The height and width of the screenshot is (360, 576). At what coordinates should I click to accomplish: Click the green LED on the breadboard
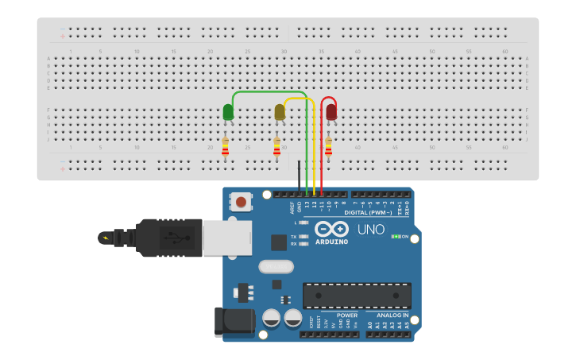[228, 112]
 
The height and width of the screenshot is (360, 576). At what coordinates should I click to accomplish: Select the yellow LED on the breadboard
[280, 112]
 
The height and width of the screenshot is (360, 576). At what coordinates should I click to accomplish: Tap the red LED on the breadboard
[331, 112]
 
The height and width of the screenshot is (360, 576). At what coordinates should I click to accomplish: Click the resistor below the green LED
[225, 146]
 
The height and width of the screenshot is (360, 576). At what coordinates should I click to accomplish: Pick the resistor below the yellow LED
[276, 146]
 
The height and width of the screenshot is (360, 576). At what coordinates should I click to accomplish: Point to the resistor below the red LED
[328, 146]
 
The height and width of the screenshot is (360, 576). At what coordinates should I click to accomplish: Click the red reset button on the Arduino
[241, 202]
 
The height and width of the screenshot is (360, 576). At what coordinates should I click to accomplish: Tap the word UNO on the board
[371, 230]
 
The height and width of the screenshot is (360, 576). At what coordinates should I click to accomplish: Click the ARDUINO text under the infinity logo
[331, 242]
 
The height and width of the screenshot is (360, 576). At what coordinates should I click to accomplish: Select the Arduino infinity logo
[331, 229]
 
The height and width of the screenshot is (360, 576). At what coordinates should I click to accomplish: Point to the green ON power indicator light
[395, 237]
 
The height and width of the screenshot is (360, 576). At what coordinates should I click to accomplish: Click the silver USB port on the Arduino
[226, 237]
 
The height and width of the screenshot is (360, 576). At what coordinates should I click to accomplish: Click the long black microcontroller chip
[357, 296]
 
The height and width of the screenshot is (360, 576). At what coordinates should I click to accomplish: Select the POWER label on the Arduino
[347, 315]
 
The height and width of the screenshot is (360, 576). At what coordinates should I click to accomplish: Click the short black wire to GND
[300, 177]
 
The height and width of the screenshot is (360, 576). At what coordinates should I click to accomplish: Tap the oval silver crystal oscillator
[276, 267]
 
